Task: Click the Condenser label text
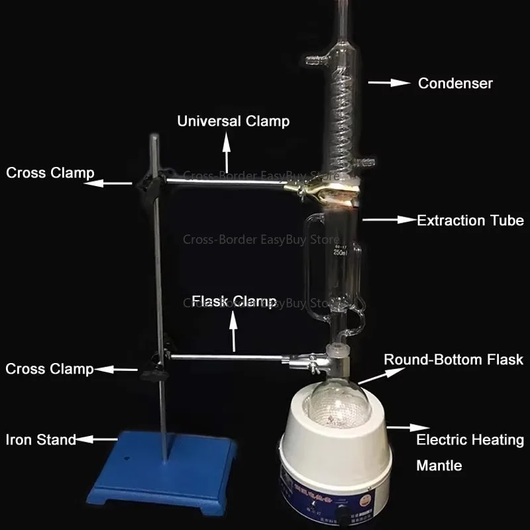455,83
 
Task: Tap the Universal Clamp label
233,121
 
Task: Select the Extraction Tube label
470,221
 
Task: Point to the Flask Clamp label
234,301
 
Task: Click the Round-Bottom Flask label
454,360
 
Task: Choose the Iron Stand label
40,439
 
